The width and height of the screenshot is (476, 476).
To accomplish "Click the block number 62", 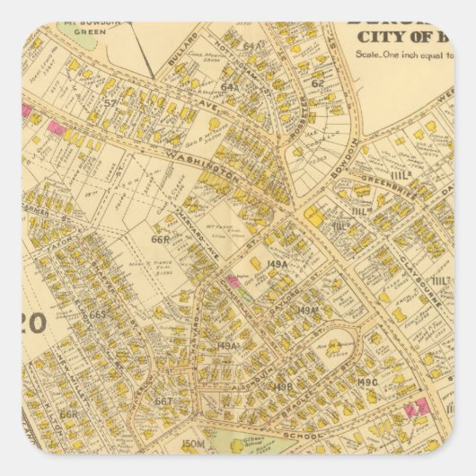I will [x=318, y=83].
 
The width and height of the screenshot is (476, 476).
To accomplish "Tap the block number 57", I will [x=110, y=102].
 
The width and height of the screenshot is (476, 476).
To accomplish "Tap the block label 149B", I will [x=283, y=387].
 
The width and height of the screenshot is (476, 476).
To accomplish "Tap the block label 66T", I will [x=163, y=401].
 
